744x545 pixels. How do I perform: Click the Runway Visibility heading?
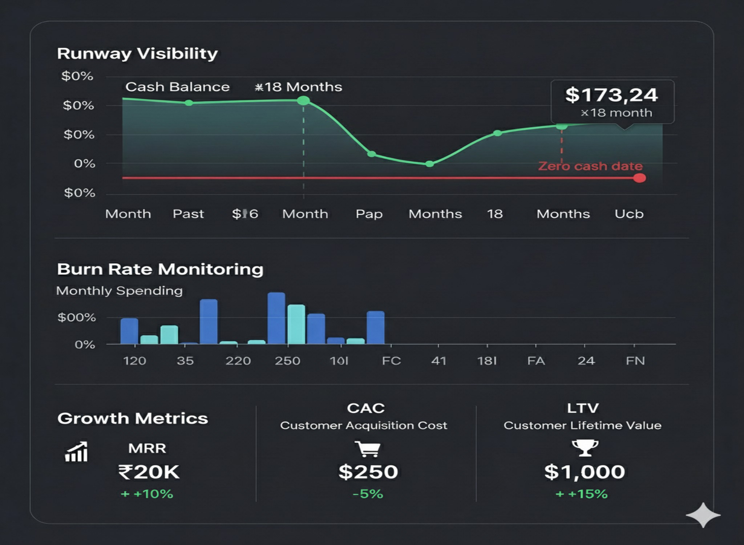(137, 54)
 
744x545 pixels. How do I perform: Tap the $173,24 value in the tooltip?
(611, 95)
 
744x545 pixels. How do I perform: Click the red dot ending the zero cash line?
(639, 178)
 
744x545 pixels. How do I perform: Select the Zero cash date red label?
(590, 166)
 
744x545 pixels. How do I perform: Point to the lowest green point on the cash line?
(429, 164)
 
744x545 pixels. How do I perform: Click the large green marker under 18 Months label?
(303, 101)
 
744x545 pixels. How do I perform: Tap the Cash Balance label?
(177, 87)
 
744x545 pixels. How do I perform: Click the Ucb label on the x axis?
(629, 214)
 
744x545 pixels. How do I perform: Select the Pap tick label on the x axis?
(369, 214)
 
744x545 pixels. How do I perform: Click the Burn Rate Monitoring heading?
(160, 270)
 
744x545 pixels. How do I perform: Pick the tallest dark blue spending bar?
(276, 318)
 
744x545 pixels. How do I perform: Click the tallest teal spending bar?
(296, 324)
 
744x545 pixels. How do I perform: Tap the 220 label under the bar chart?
(238, 361)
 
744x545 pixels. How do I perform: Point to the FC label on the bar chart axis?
(391, 361)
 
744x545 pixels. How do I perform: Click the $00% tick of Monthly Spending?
(77, 318)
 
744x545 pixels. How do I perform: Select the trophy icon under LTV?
(585, 448)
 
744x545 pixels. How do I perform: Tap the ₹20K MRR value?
(149, 472)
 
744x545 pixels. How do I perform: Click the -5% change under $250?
(368, 494)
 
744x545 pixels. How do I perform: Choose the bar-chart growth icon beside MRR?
(76, 452)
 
